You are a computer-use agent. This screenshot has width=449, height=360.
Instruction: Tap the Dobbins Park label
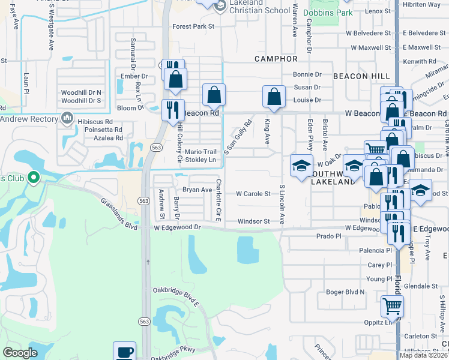pyautogui.click(x=327, y=12)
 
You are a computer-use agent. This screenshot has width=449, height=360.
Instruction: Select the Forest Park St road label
pyautogui.click(x=193, y=26)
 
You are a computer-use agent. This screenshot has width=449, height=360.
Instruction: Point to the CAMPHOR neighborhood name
pyautogui.click(x=276, y=59)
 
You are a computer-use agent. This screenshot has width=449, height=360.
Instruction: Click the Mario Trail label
pyautogui.click(x=199, y=152)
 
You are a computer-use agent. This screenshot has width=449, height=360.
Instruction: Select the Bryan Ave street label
pyautogui.click(x=197, y=190)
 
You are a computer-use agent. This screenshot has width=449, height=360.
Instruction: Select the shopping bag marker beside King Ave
pyautogui.click(x=274, y=97)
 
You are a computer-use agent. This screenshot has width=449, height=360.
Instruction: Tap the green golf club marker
pyautogui.click(x=34, y=178)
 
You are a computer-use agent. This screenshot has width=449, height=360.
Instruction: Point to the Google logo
pyautogui.click(x=20, y=353)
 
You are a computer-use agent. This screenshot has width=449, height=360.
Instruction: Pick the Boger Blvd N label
pyautogui.click(x=345, y=292)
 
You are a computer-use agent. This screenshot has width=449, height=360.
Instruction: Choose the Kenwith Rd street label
pyautogui.click(x=420, y=61)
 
